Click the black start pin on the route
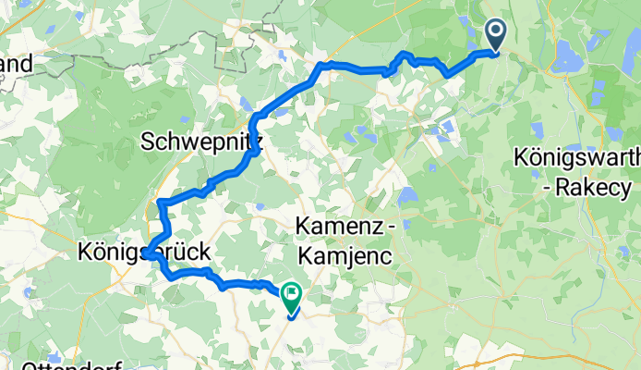496,36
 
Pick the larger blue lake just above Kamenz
407,197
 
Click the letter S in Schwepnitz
148,142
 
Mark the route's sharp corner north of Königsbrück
162,202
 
